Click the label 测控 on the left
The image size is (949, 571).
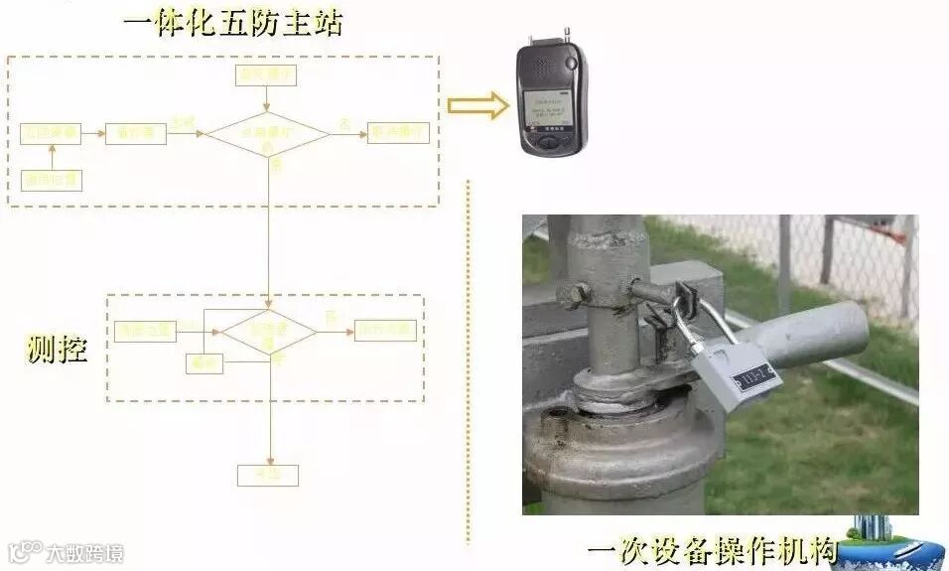click(x=56, y=349)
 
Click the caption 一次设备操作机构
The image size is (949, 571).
click(x=712, y=550)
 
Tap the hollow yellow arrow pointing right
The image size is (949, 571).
click(x=476, y=107)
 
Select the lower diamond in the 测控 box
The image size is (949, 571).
click(x=267, y=332)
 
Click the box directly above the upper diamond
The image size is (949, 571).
click(x=266, y=74)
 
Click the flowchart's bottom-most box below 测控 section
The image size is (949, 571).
click(x=267, y=475)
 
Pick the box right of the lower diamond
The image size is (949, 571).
click(x=385, y=331)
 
